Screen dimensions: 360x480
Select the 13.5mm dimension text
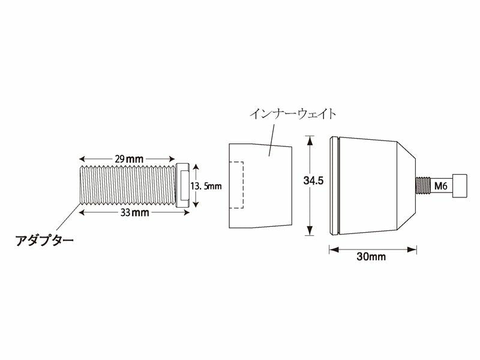206,186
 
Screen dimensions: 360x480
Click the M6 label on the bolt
441,186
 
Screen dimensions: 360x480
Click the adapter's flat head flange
183,186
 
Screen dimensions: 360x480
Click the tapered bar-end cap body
372,186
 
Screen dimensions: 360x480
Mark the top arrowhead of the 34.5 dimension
310,140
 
